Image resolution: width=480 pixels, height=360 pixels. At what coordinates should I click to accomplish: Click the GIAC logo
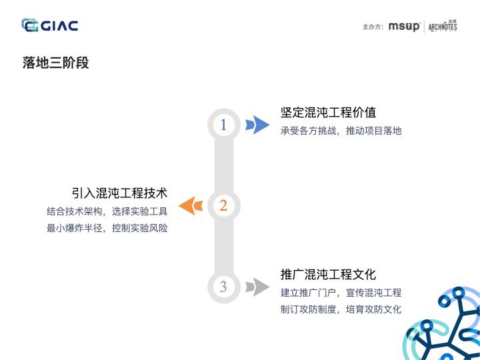coord(50,26)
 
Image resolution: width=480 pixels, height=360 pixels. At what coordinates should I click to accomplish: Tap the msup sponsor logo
coord(404,27)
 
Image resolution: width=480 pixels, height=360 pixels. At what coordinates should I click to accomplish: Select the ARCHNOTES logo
coord(443,27)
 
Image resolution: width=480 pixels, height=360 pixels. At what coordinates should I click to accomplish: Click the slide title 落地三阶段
coord(55,63)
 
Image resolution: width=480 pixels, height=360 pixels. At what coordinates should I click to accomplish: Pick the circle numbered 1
coord(223,125)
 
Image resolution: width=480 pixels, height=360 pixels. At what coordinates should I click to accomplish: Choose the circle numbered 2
coord(223,205)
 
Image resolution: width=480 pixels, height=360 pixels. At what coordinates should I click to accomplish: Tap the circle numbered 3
coord(223,287)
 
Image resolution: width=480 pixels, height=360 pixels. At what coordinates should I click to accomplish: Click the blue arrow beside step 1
coord(257,125)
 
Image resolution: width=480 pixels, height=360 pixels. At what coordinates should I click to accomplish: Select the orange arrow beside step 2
coord(190,205)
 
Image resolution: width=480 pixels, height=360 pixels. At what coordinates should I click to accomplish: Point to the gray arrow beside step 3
coord(257,287)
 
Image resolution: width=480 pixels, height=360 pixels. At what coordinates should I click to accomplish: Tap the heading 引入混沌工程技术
coord(119,193)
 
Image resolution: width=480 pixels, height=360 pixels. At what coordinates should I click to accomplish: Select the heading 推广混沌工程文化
coord(328,274)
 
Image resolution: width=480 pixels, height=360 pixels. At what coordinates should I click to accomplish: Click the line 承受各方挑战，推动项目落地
coord(341,131)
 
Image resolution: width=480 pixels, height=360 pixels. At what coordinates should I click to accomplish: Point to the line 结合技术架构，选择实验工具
coord(107,211)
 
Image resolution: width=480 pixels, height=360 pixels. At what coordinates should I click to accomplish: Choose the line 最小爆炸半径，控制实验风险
coord(107,228)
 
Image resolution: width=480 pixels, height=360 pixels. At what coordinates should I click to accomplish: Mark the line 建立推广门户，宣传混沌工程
coord(341,293)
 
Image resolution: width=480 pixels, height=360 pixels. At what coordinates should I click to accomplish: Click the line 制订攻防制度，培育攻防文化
coord(341,309)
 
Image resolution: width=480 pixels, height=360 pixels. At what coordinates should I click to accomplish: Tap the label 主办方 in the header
coord(372,27)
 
